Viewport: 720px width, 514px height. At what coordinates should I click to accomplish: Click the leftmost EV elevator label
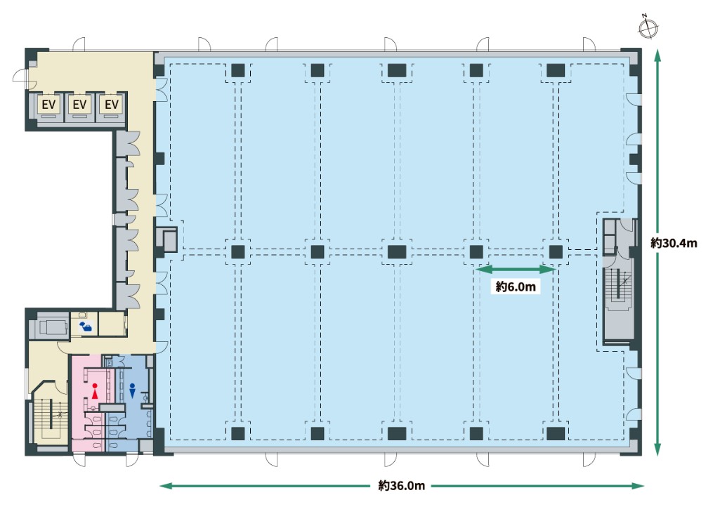(48, 105)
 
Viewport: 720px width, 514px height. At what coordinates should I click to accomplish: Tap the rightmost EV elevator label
(112, 105)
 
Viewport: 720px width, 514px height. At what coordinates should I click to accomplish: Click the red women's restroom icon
(95, 390)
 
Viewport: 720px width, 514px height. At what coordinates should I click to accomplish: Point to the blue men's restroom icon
(132, 390)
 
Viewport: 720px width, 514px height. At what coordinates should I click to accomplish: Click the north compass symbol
(648, 29)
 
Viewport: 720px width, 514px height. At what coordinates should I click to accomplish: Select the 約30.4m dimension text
(674, 243)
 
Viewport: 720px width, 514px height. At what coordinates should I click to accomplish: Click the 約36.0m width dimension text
(402, 485)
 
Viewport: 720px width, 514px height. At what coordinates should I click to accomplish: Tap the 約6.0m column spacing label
(516, 286)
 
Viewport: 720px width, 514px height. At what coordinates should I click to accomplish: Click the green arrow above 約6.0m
(516, 270)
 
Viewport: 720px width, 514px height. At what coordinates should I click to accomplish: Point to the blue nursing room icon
(86, 326)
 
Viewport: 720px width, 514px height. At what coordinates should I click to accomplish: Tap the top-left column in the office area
(238, 71)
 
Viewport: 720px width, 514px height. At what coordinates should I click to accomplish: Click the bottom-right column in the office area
(556, 434)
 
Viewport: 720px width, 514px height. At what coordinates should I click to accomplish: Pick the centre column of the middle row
(397, 252)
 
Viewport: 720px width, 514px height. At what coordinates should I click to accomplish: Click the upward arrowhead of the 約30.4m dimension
(657, 55)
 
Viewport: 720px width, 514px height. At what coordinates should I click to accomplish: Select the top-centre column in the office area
(397, 71)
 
